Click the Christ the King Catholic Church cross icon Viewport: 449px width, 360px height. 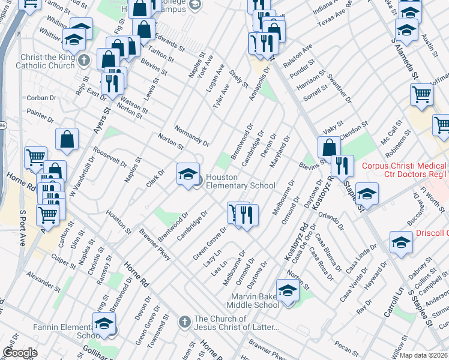(x=85, y=61)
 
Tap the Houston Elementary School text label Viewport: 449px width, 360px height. (x=240, y=181)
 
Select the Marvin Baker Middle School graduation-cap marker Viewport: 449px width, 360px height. (x=288, y=290)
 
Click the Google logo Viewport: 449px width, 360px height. (x=20, y=353)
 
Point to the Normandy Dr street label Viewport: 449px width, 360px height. (x=191, y=136)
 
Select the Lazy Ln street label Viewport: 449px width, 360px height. (x=212, y=258)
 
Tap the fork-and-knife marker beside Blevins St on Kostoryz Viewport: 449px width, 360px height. (x=342, y=166)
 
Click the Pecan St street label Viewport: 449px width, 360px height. (x=347, y=347)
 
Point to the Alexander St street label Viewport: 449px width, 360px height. (x=41, y=279)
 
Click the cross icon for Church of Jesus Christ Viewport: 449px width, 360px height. (x=185, y=322)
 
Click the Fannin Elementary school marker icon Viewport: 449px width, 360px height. (x=104, y=323)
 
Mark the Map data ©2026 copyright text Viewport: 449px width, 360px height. (x=423, y=355)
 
